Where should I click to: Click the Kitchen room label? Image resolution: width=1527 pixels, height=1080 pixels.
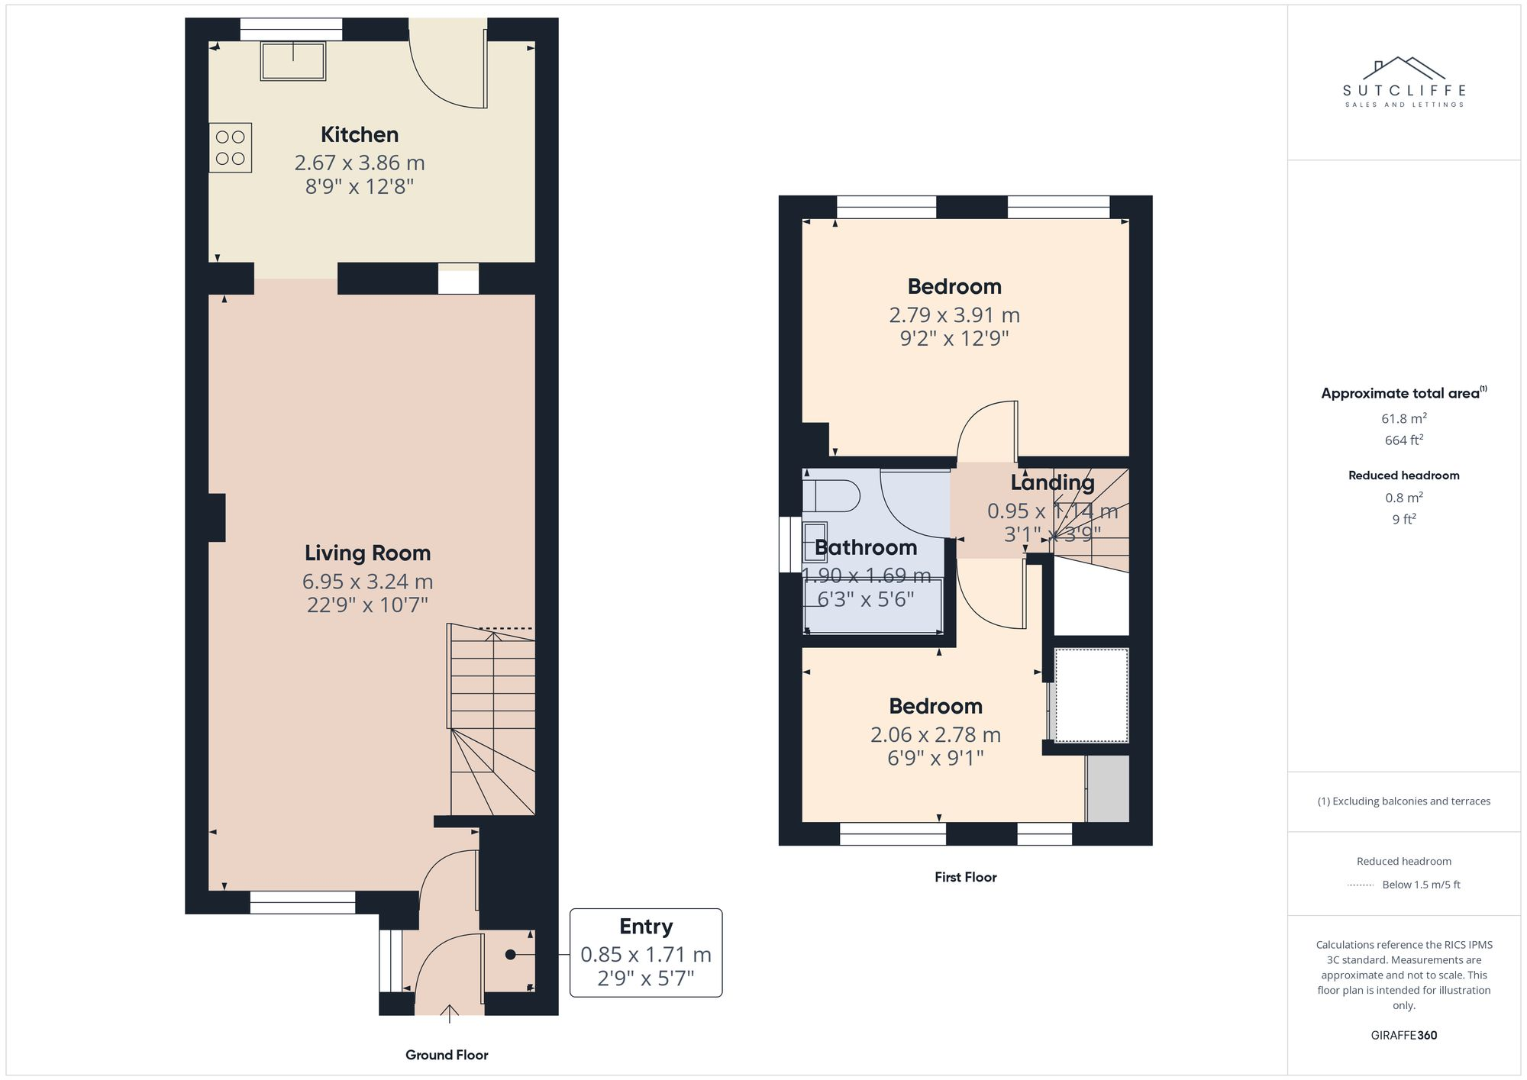pyautogui.click(x=359, y=135)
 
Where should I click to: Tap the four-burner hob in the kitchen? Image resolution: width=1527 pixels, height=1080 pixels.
pyautogui.click(x=231, y=148)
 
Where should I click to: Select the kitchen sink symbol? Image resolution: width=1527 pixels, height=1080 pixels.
pyautogui.click(x=293, y=61)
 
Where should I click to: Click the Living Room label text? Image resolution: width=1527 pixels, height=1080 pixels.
pyautogui.click(x=367, y=553)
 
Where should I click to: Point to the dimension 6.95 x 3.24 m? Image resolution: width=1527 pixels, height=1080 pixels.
pyautogui.click(x=367, y=582)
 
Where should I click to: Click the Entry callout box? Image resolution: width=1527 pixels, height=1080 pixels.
pyautogui.click(x=646, y=953)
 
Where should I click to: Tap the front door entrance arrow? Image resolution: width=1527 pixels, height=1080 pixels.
pyautogui.click(x=450, y=1013)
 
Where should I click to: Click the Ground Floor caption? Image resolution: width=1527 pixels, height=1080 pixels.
pyautogui.click(x=447, y=1055)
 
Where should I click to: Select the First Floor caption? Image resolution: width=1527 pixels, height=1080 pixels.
pyautogui.click(x=965, y=878)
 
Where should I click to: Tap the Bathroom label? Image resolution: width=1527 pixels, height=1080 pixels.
pyautogui.click(x=866, y=548)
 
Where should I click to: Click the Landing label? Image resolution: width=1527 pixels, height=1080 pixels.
pyautogui.click(x=1052, y=483)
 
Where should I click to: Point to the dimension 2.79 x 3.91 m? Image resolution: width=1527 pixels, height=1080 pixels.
pyautogui.click(x=954, y=315)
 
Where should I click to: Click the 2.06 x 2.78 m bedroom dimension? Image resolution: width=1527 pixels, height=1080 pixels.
pyautogui.click(x=935, y=735)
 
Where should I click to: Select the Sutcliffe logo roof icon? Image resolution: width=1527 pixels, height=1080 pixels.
pyautogui.click(x=1403, y=68)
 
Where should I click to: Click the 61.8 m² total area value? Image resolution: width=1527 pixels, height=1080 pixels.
pyautogui.click(x=1403, y=418)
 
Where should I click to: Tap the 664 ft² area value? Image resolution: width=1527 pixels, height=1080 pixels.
pyautogui.click(x=1403, y=440)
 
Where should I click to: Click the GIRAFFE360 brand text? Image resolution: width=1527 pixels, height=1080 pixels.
pyautogui.click(x=1403, y=1036)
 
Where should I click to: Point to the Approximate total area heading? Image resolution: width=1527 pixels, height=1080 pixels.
pyautogui.click(x=1400, y=394)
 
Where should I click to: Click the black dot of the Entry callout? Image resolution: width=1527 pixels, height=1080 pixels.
pyautogui.click(x=510, y=955)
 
